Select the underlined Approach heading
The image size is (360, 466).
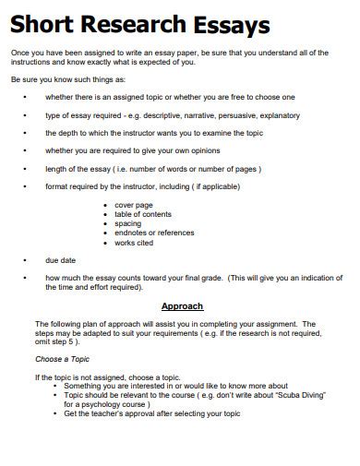182,305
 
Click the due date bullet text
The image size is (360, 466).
60,260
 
